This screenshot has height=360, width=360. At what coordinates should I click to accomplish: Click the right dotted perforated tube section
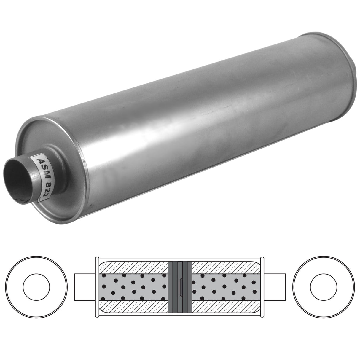coord(225,287)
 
